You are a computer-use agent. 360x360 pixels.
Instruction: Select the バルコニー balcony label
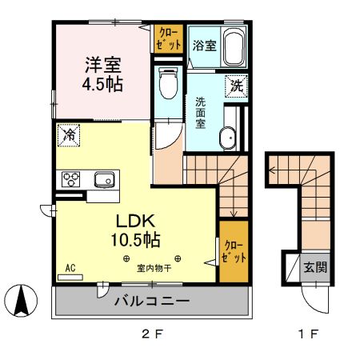point(151,302)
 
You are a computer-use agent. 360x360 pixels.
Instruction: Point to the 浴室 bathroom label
point(204,46)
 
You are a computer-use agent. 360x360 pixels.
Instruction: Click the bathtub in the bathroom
point(233,47)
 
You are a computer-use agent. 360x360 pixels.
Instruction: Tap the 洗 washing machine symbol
point(238,84)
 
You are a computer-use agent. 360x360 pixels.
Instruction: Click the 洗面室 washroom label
point(202,116)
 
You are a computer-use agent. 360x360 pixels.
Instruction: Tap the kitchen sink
point(104,178)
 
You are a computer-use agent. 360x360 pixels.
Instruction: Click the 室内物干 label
point(152,270)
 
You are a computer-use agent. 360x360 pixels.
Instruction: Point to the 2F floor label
point(152,334)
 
